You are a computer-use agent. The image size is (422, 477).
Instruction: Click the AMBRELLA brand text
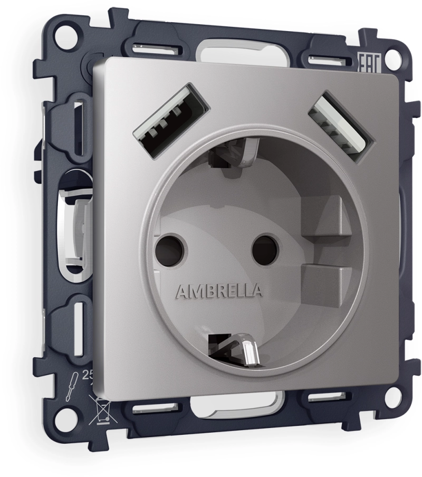(x=217, y=291)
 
